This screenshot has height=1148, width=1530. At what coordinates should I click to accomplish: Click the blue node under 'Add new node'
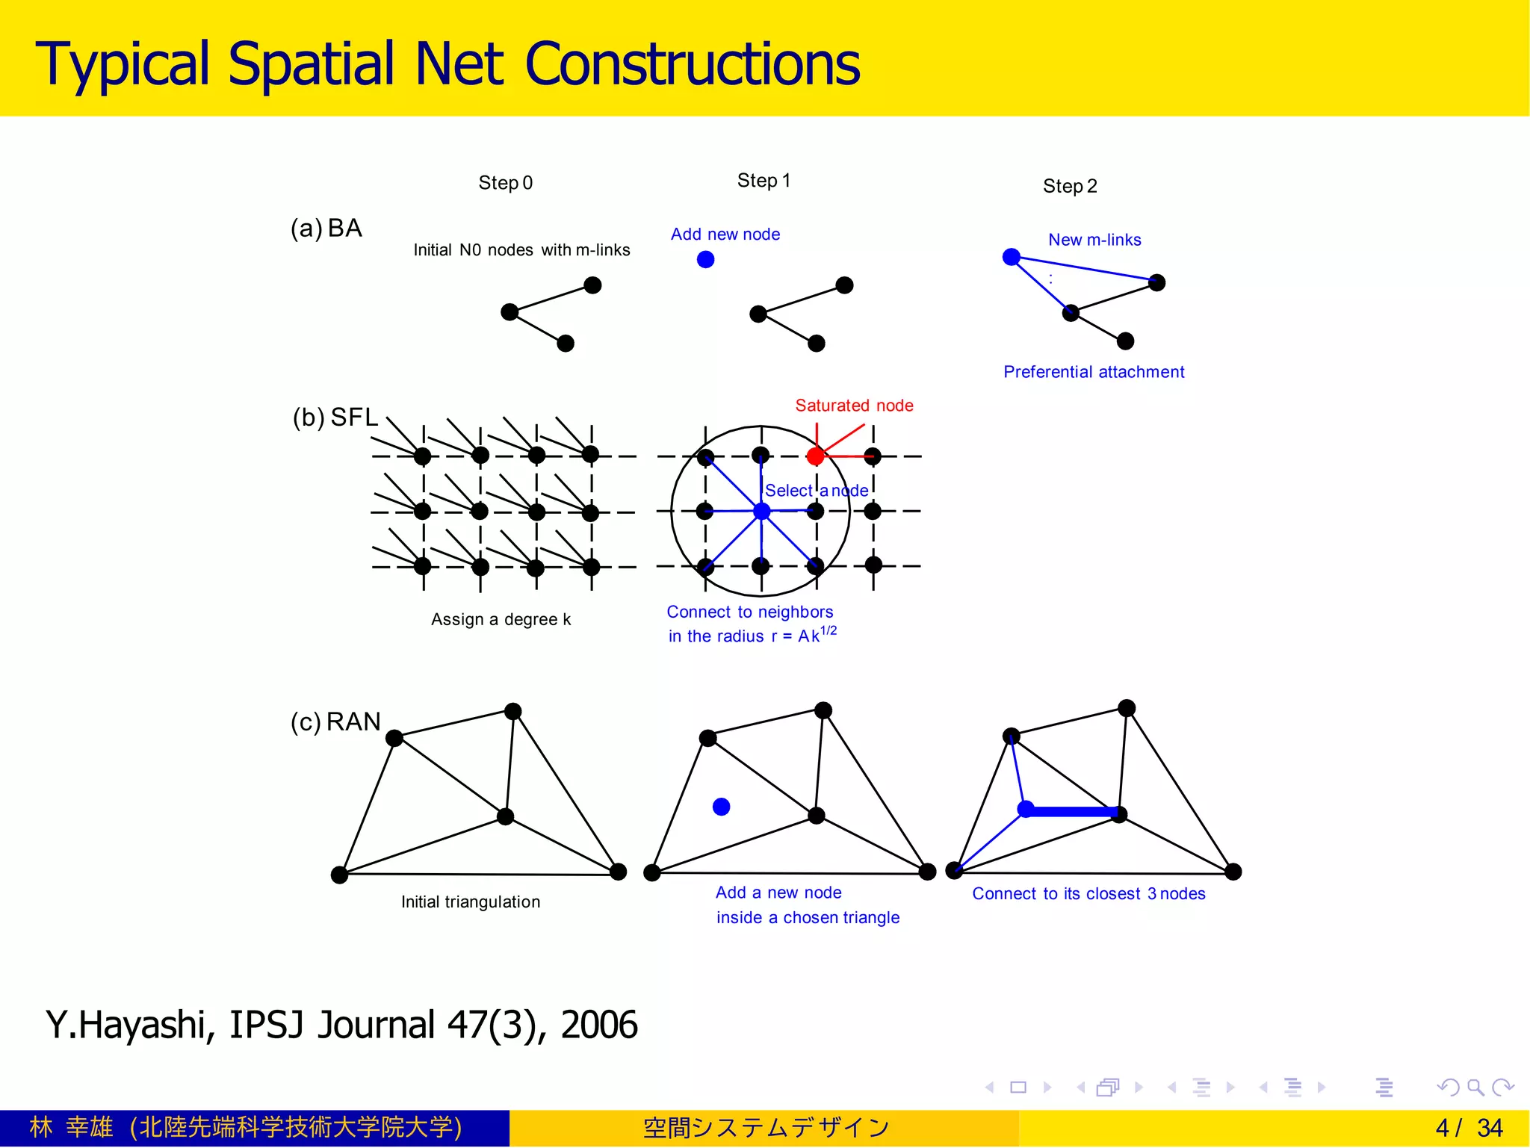pos(705,259)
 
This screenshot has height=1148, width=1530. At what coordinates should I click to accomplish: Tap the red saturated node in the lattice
pos(816,456)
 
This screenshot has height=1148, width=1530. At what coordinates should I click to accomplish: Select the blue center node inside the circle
pos(761,512)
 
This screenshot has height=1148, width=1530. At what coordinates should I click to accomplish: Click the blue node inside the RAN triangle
pos(721,807)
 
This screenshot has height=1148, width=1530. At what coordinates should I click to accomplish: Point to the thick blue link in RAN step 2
pos(1072,811)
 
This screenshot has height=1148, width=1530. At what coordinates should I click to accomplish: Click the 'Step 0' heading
pos(506,183)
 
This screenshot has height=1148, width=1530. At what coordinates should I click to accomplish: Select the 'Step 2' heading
pos(1070,186)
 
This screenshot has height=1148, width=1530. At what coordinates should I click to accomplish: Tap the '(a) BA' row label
pos(326,228)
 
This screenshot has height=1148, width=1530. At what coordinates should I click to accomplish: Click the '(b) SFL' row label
pos(335,417)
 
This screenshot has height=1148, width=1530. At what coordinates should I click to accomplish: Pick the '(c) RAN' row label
pos(335,722)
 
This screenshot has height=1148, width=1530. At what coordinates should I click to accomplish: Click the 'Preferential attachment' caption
pos(1094,372)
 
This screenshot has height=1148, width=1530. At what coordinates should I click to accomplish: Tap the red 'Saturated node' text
pos(854,406)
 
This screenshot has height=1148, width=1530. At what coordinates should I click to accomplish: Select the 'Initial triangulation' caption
pos(471,902)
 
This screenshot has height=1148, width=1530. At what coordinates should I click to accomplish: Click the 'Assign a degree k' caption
pos(501,619)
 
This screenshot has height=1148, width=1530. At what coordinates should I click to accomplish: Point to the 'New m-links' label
pos(1094,240)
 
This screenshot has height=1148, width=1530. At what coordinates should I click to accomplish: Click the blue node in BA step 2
pos(1012,257)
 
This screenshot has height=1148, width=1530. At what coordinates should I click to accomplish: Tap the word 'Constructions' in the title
pos(693,64)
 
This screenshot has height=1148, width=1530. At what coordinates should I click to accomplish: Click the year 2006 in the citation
pos(599,1025)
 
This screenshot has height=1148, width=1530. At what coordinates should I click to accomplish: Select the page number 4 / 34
pos(1469,1128)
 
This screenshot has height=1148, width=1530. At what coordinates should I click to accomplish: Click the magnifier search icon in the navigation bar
pos(1475,1088)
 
